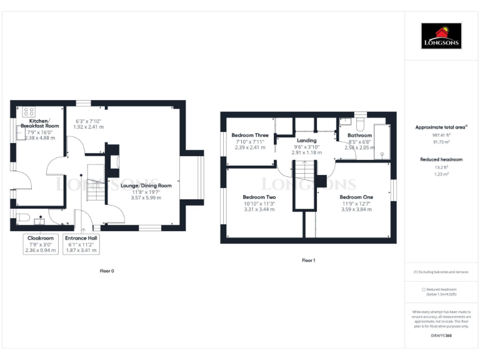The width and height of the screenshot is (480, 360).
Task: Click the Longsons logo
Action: (x=441, y=36)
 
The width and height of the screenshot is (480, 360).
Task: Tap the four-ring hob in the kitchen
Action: (x=29, y=112)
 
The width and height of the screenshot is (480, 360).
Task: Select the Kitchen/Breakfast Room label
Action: (x=39, y=123)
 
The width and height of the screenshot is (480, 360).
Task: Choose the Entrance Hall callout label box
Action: (x=81, y=244)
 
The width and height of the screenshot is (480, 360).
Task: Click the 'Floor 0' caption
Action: (x=107, y=271)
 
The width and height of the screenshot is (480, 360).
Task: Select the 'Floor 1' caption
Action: (x=308, y=260)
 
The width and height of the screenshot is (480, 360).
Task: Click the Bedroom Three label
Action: (x=250, y=136)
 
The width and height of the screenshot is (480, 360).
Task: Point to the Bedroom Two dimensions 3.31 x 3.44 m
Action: (x=259, y=209)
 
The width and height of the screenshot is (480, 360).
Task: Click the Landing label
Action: (x=306, y=141)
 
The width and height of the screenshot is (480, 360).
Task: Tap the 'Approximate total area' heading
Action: (x=441, y=127)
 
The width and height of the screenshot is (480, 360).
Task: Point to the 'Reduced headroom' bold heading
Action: (x=441, y=160)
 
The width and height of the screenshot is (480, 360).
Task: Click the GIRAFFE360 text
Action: (x=441, y=336)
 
